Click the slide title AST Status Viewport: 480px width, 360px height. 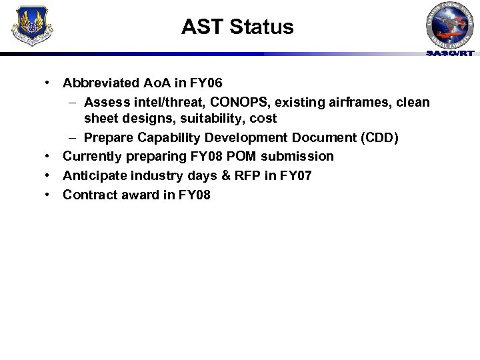coord(237,27)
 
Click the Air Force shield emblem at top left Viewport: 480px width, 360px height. coord(32,25)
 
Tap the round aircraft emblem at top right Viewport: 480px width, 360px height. coord(451,25)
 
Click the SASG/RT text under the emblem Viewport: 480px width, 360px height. coord(451,53)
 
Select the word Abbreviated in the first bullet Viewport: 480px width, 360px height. coord(102,83)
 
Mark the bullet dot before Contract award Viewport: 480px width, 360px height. coord(49,195)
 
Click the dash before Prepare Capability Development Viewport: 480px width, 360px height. coord(72,137)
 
